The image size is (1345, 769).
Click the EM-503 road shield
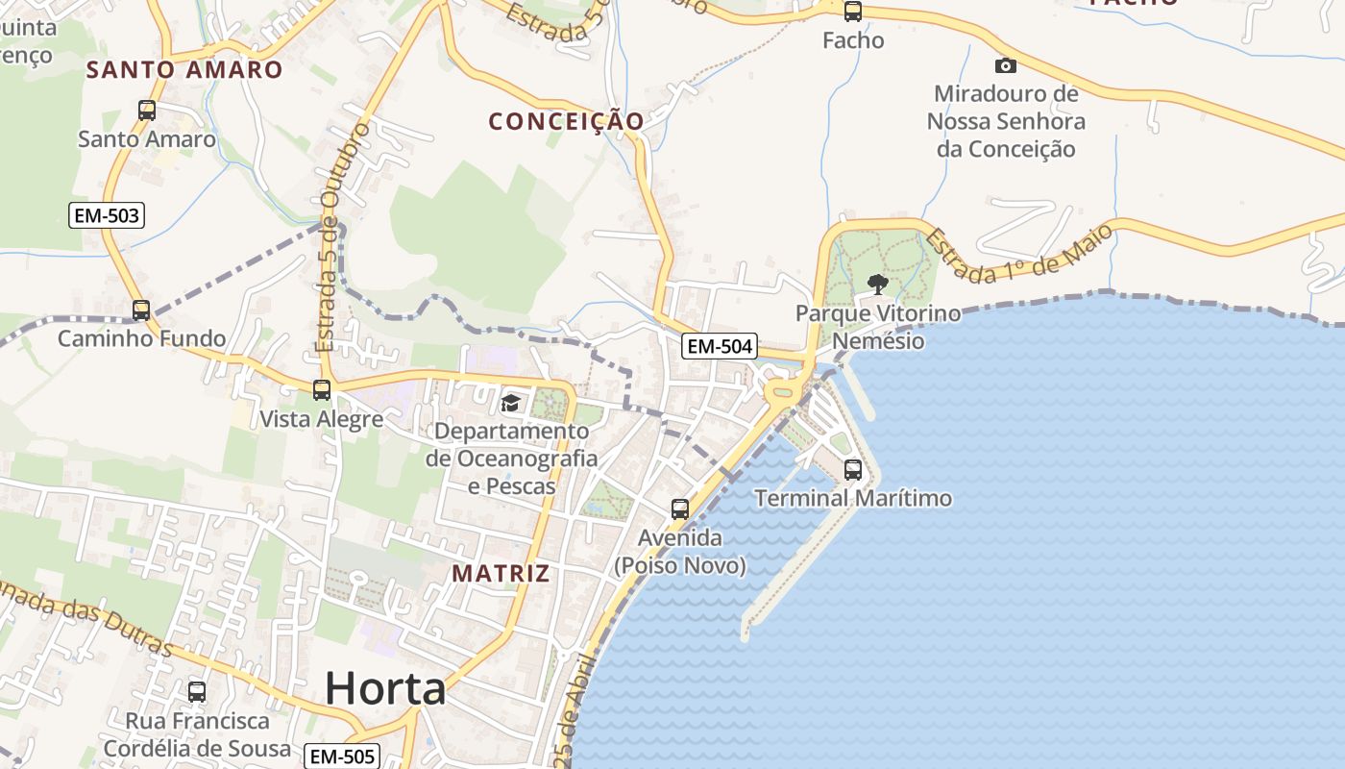108,215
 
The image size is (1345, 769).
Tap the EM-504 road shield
720,346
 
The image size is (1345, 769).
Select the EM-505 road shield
343,757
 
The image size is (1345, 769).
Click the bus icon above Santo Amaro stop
147,110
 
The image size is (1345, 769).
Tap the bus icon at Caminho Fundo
141,310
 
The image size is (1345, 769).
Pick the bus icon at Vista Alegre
322,390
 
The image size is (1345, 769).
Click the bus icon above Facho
853,12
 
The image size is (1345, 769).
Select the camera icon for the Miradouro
1006,65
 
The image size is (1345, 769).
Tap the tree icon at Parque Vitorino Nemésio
877,284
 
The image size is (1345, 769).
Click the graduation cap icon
510,403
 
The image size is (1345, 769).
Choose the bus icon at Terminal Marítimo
853,470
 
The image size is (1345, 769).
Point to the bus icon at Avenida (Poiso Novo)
680,509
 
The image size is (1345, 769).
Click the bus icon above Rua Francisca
197,691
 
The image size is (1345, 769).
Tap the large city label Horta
385,688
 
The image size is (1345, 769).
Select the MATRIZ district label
501,574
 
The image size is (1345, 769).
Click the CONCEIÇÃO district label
566,121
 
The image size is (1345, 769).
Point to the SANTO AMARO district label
184,69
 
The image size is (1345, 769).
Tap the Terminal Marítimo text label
853,498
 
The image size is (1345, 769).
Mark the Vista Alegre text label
322,419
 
